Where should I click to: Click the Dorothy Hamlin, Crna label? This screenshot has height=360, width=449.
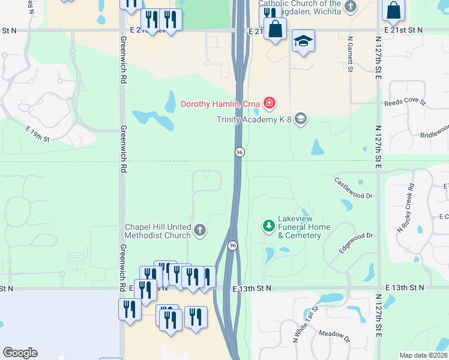coord(220,104)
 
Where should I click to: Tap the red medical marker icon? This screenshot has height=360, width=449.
coord(270,104)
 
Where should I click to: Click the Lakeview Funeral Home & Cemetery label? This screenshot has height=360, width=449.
coord(304,231)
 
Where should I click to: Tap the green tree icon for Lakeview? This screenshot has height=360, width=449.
coord(268,226)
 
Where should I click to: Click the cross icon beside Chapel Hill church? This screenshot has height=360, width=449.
coord(200,229)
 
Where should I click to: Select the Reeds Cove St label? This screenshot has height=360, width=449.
coord(405,103)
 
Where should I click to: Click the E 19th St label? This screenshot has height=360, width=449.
coord(37,134)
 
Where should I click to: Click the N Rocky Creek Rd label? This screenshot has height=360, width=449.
coord(406,208)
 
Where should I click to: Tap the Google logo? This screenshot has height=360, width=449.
coord(20,353)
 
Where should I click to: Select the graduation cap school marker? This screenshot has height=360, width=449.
coord(303,41)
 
